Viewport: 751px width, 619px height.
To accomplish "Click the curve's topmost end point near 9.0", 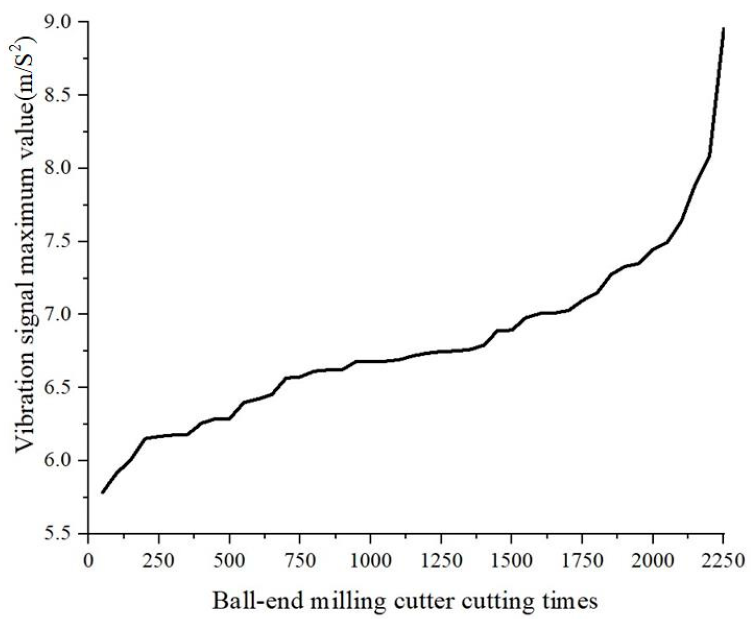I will tap(723, 29).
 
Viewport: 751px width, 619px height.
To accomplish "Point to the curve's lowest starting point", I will tap(102, 493).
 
